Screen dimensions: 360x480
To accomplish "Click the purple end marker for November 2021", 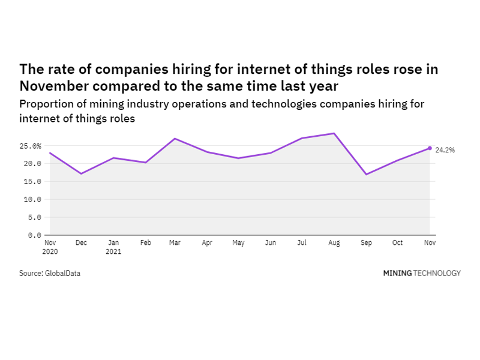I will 430,148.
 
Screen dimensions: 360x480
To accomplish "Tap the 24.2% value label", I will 445,150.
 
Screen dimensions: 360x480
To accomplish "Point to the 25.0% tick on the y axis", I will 30,146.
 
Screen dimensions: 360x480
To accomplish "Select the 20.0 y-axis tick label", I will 32,163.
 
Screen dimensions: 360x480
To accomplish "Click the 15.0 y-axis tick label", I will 32,181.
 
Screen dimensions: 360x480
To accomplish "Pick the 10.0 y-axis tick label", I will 32,199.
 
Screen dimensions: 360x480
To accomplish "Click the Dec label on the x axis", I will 81,243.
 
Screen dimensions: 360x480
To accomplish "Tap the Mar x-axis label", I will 176,243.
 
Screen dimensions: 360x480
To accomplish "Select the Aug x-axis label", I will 334,243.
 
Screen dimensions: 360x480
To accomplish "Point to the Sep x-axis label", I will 366,243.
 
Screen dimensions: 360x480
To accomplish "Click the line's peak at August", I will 334,133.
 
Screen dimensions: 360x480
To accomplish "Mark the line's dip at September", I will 366,174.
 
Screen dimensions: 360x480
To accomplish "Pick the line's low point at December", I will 81,173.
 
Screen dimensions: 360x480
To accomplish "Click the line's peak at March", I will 175,139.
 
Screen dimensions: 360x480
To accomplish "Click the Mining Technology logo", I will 422,273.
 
